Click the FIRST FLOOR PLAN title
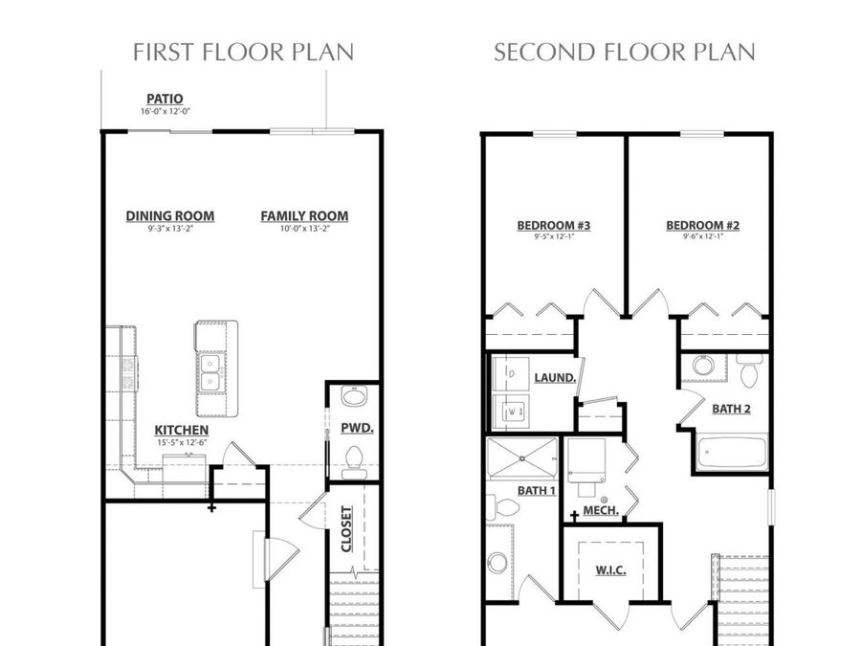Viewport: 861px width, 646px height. click(243, 52)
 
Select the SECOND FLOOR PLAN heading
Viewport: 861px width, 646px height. click(624, 52)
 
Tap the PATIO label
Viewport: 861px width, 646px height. click(165, 99)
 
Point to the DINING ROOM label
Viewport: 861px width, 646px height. click(169, 216)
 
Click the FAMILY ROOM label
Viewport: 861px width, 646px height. click(304, 216)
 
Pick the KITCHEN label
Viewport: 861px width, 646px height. click(181, 431)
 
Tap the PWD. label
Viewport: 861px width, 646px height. click(356, 427)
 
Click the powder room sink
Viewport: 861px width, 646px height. click(353, 398)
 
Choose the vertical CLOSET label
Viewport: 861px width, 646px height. click(346, 529)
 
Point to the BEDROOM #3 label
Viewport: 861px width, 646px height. click(553, 226)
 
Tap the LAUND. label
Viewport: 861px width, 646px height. click(555, 378)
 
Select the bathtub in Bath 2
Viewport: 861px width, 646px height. click(731, 453)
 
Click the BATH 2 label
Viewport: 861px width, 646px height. click(731, 409)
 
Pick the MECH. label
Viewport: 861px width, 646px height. click(600, 510)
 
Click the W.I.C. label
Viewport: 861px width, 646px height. click(610, 570)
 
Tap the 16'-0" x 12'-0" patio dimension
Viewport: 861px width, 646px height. click(165, 112)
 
